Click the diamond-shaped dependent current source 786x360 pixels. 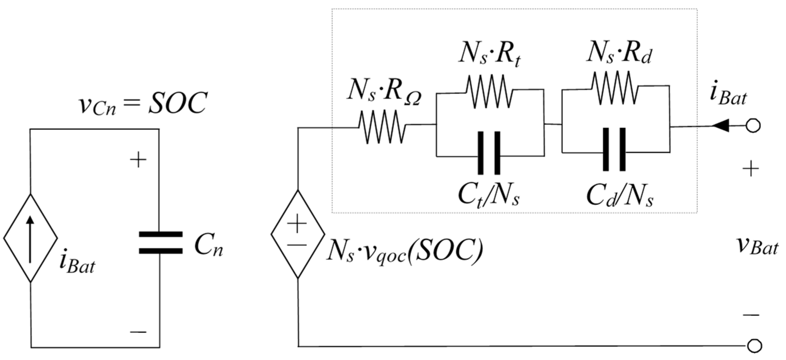point(30,238)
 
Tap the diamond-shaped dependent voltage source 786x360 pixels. point(298,234)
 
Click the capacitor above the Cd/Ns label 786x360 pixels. point(614,149)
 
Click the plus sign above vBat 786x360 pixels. point(751,170)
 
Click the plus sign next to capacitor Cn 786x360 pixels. point(138,160)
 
